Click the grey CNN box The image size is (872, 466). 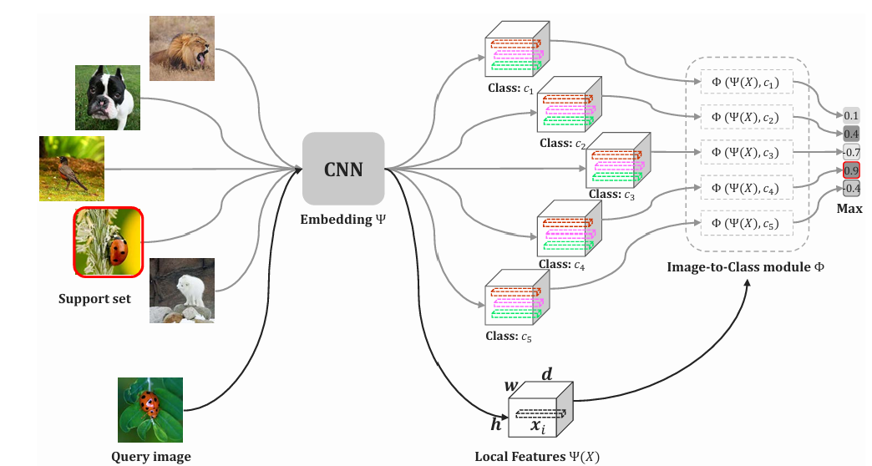pyautogui.click(x=343, y=169)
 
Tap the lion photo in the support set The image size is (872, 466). pyautogui.click(x=181, y=48)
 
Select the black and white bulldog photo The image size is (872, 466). pyautogui.click(x=107, y=98)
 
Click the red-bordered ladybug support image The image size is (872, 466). pyautogui.click(x=109, y=242)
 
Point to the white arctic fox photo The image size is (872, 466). pyautogui.click(x=181, y=291)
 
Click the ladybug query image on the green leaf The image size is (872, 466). pyautogui.click(x=150, y=409)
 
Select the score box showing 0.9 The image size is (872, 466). pyautogui.click(x=852, y=170)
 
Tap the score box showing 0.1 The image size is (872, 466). pyautogui.click(x=852, y=115)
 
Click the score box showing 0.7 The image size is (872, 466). pyautogui.click(x=852, y=152)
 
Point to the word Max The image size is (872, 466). pyautogui.click(x=849, y=208)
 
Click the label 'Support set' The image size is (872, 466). pyautogui.click(x=94, y=298)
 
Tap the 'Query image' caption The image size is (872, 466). pyautogui.click(x=151, y=456)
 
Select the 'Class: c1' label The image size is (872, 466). pyautogui.click(x=510, y=89)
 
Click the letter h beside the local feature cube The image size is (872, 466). pyautogui.click(x=496, y=424)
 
